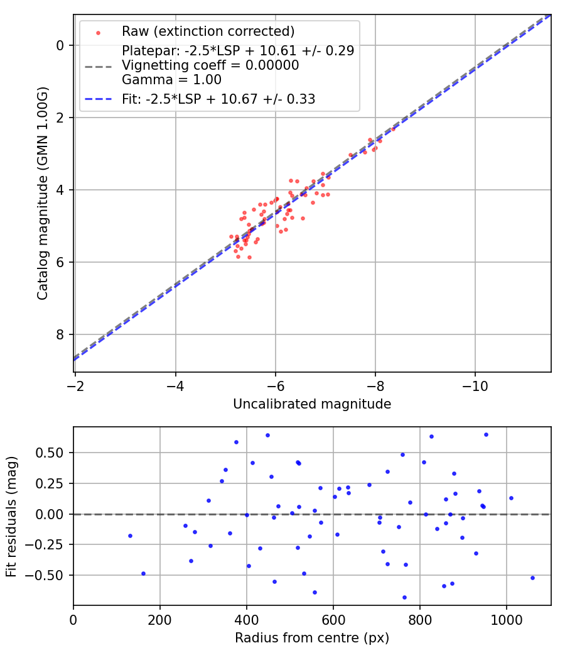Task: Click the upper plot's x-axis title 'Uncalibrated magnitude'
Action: coord(312,404)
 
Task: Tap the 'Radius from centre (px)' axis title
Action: coord(312,638)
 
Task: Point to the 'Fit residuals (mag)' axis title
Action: coord(12,516)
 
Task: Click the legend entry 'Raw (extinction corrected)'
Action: coord(208,31)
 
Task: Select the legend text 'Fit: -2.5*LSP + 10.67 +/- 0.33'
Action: coord(218,99)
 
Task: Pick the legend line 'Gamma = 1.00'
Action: coord(171,80)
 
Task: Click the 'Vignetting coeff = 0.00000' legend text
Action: coord(210,65)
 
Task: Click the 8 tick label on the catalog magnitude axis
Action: coord(61,334)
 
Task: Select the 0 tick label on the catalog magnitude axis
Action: coord(61,45)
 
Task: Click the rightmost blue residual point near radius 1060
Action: coord(532,578)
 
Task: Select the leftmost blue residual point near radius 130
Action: coord(130,536)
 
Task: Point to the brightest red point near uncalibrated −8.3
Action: coord(393,129)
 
